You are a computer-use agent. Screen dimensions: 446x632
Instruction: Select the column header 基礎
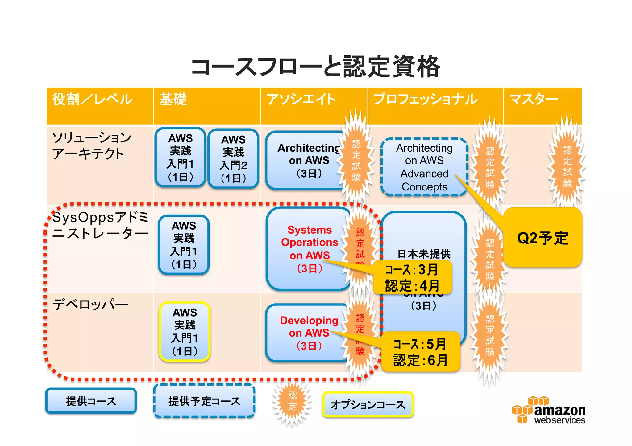tap(173, 100)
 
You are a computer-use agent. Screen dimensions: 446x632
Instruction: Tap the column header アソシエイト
tap(301, 100)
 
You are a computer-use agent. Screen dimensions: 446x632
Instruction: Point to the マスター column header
tap(534, 100)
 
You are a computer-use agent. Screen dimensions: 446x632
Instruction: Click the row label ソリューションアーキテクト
tap(92, 145)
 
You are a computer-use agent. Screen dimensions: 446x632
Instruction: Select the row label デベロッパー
tap(90, 305)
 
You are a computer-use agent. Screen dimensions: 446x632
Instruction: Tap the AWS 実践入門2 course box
tap(233, 159)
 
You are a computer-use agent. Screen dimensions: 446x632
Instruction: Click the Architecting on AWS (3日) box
tap(306, 161)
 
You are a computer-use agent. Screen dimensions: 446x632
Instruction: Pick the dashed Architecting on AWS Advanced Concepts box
tap(424, 167)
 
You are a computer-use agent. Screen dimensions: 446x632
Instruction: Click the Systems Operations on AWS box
tap(309, 248)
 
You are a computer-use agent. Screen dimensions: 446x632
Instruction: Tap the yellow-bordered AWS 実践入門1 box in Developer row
tap(185, 332)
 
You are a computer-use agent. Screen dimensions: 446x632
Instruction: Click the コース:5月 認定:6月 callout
tap(420, 352)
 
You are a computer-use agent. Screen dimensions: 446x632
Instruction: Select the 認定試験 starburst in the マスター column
tap(567, 166)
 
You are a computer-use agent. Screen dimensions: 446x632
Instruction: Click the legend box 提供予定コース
tap(204, 401)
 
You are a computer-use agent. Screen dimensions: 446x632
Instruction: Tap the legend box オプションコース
tap(368, 405)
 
